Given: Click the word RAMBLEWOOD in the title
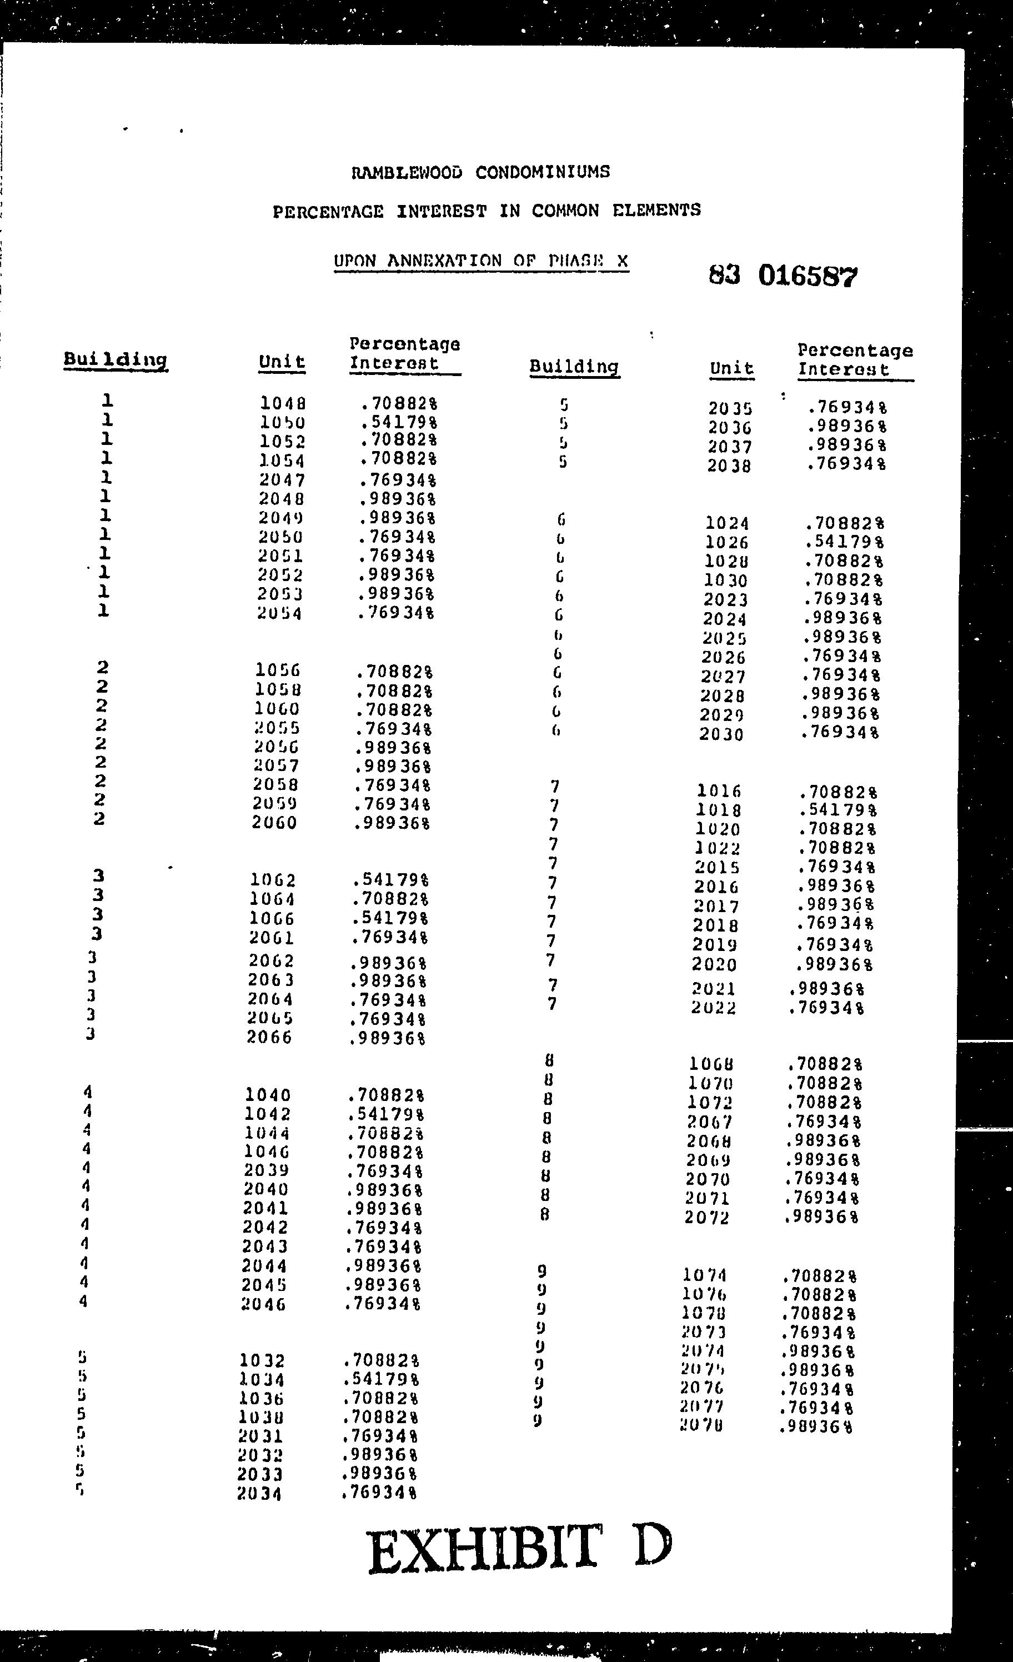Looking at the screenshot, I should point(407,173).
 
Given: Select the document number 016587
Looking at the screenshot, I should point(808,276).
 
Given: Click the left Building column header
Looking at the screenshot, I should point(116,359).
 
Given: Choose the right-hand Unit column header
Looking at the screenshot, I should point(732,368).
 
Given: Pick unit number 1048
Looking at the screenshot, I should point(283,404).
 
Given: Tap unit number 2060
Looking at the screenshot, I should point(274,823).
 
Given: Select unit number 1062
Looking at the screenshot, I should point(273,880).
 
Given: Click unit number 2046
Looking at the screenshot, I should point(264,1304).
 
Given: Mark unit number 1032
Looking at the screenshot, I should point(262,1361).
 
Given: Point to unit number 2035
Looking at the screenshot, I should point(730,409).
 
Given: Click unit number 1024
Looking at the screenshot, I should point(727,523).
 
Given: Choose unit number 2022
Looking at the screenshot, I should point(714,1008).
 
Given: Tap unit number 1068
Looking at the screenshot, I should point(711,1064).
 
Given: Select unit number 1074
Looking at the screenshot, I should point(705,1275).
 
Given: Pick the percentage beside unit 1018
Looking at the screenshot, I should point(838,809).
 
